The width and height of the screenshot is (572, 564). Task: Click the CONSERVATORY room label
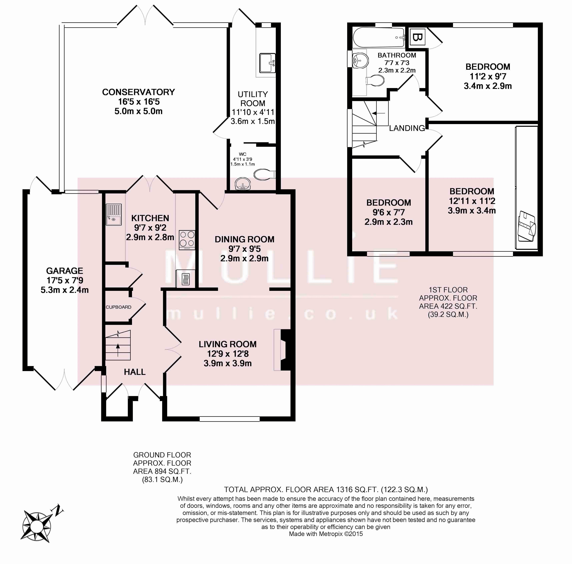tap(138, 92)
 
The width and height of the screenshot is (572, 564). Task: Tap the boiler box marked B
tap(417, 38)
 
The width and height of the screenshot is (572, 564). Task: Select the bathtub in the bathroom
tap(379, 37)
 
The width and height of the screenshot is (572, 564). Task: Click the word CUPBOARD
tap(118, 307)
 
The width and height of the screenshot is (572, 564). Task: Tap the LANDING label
tap(407, 128)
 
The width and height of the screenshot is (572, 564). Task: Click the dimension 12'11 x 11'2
tap(472, 201)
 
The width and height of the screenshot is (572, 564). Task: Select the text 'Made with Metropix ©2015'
tap(326, 534)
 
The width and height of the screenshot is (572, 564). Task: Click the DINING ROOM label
tap(244, 239)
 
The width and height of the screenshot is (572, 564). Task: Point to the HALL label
tap(135, 372)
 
